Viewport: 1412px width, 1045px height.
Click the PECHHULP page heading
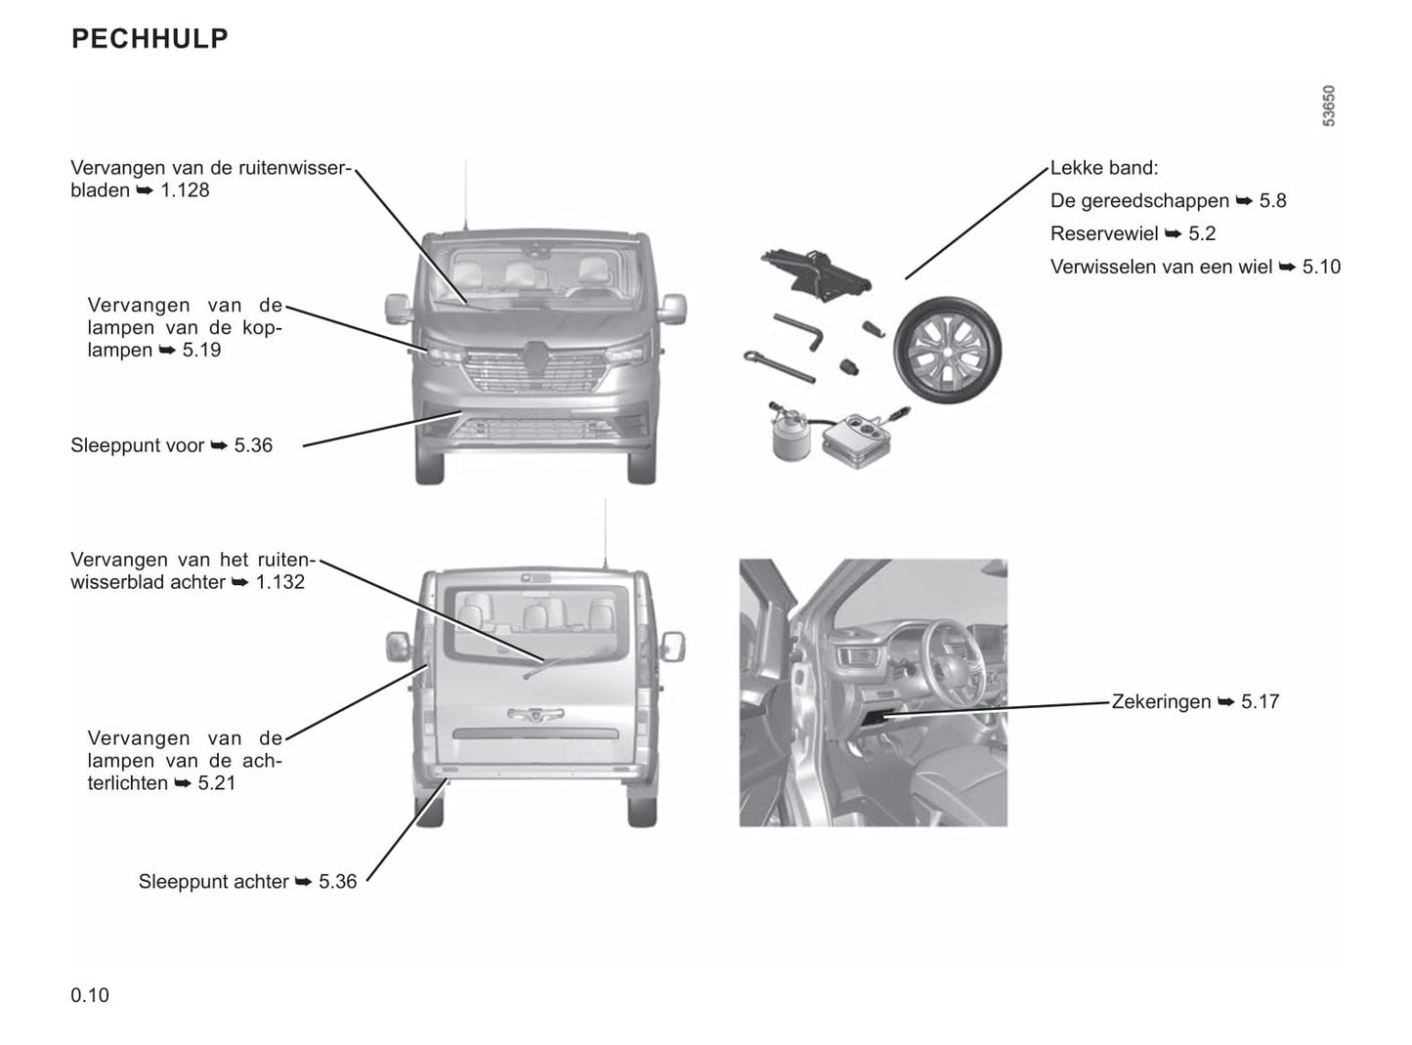click(x=150, y=38)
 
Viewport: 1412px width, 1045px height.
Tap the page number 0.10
click(x=90, y=995)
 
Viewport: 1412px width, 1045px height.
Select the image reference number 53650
click(x=1328, y=105)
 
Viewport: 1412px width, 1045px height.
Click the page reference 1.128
click(x=185, y=190)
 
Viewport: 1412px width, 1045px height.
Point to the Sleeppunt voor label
click(x=137, y=445)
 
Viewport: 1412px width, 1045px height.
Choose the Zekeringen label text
click(x=1161, y=701)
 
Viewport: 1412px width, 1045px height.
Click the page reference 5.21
click(x=216, y=783)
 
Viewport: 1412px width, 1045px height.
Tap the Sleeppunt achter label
click(x=213, y=882)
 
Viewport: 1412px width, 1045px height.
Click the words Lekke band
click(x=1103, y=168)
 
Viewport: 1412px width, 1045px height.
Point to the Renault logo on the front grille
click(x=534, y=352)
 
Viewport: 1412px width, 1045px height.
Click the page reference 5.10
click(x=1321, y=267)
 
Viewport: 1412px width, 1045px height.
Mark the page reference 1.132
click(x=280, y=582)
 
